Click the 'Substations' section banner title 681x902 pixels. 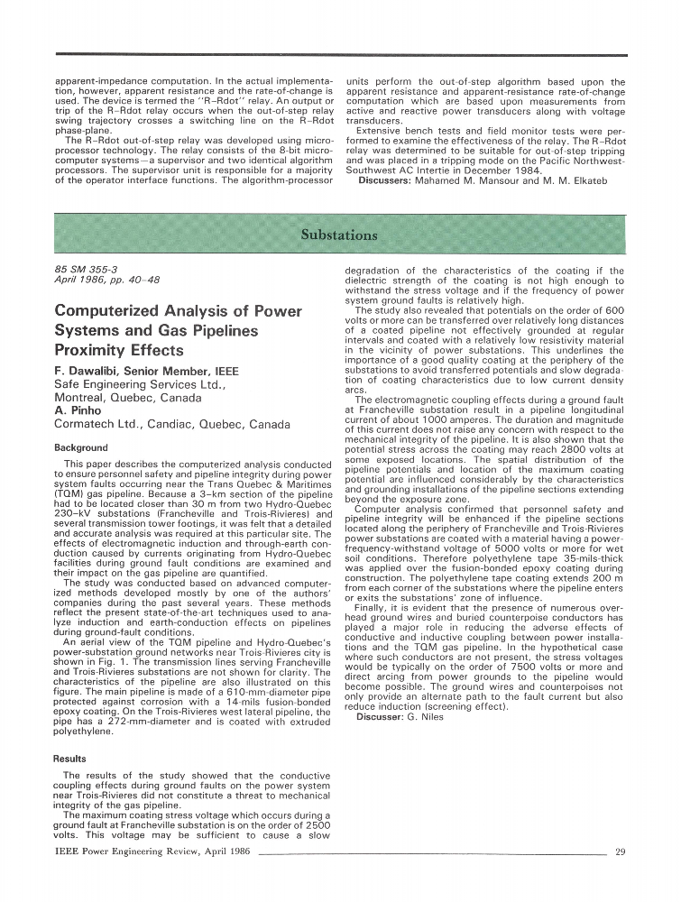339,235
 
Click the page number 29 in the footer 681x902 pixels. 620,851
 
